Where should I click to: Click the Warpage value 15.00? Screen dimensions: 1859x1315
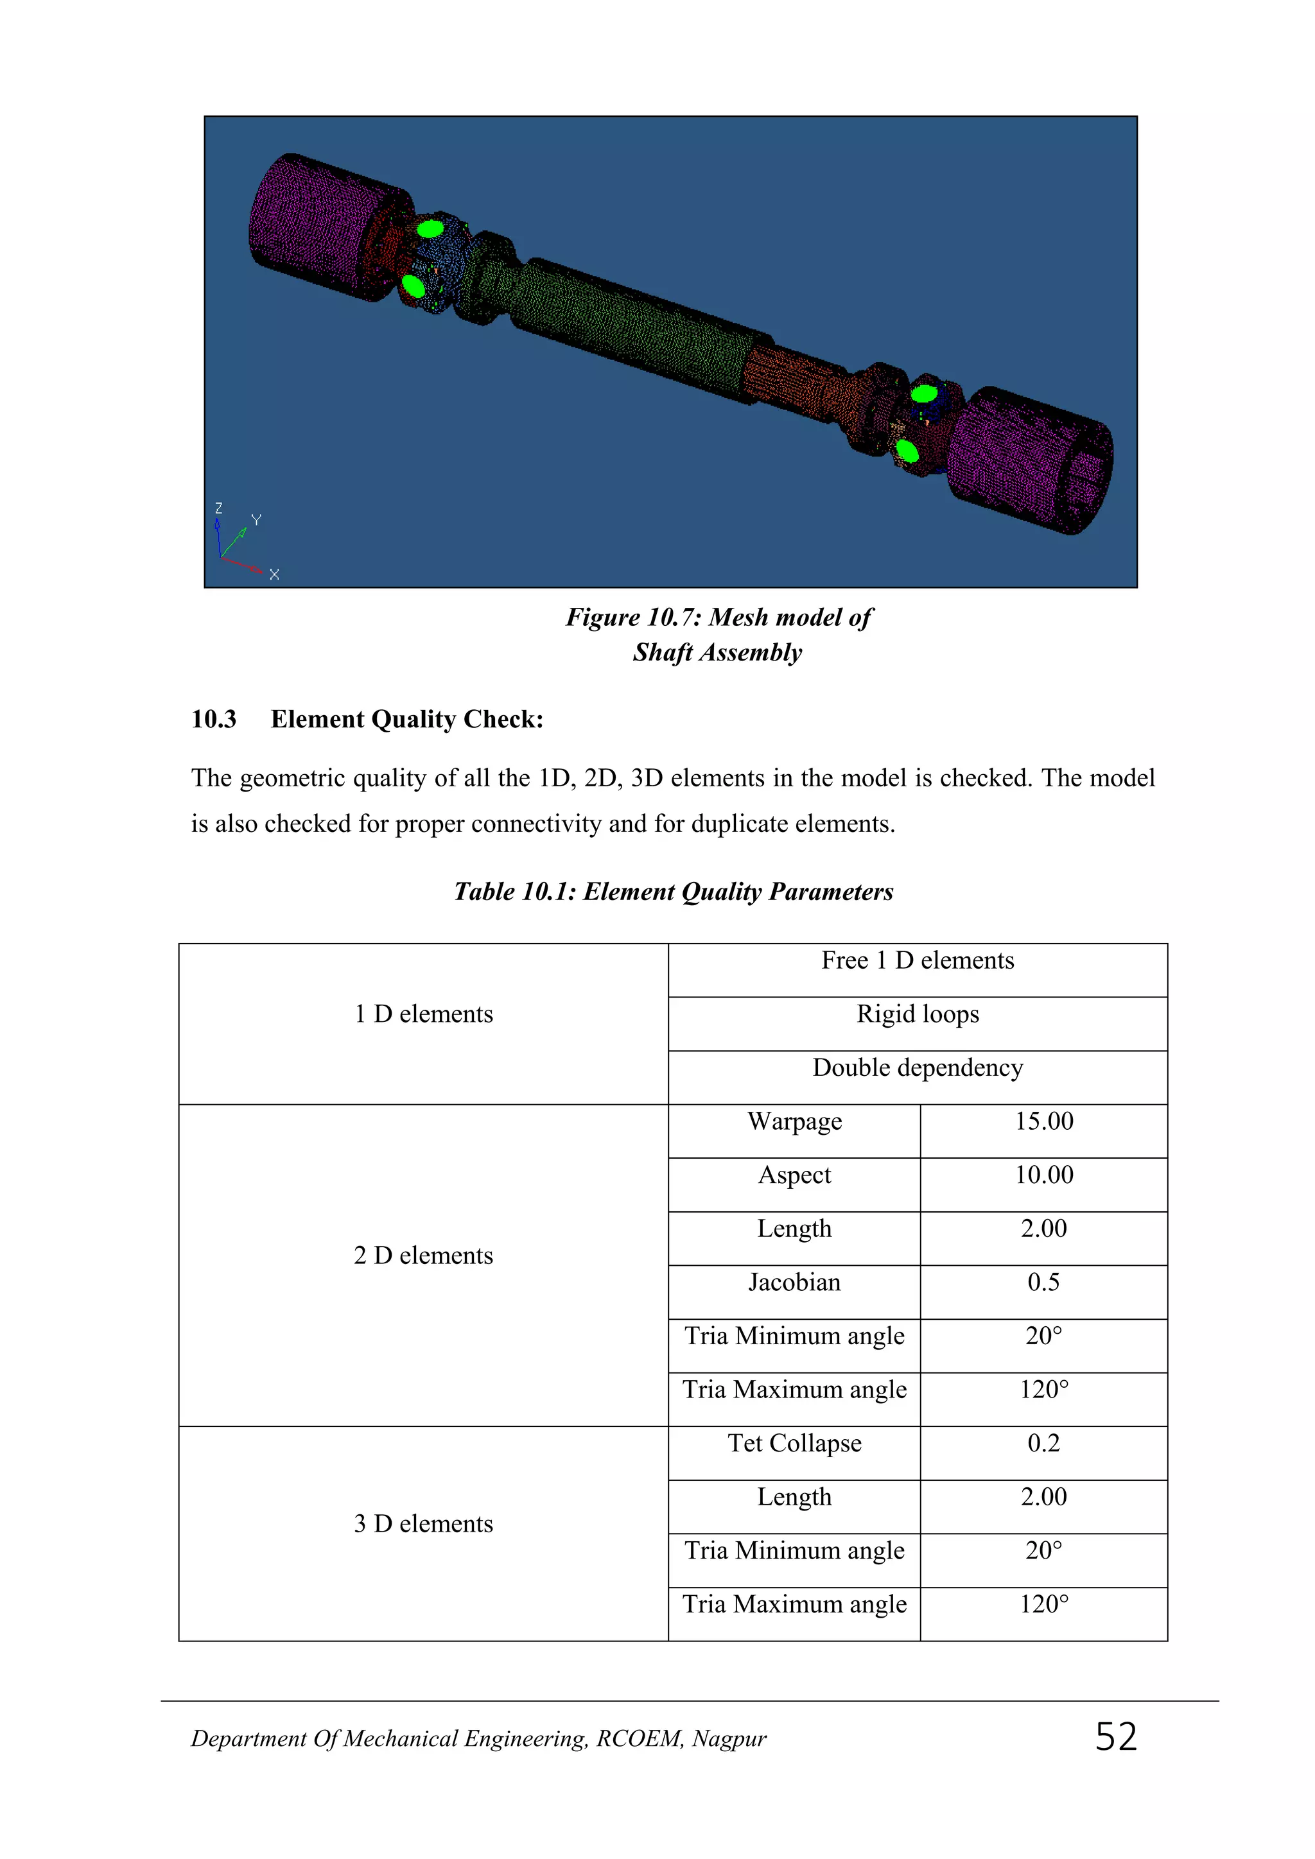[1044, 1121]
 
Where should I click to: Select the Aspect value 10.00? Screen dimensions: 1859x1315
[1044, 1175]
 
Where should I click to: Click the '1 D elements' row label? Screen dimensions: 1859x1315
[424, 1014]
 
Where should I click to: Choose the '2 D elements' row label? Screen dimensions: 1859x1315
[424, 1256]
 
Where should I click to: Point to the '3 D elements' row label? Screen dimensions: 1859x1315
[424, 1524]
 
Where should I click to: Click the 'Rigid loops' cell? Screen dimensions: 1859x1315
[918, 1014]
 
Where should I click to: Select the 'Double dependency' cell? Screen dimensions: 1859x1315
[918, 1068]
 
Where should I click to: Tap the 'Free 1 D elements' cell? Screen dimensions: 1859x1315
[918, 961]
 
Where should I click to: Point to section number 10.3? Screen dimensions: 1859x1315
[214, 719]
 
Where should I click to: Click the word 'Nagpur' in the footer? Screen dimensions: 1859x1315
[729, 1739]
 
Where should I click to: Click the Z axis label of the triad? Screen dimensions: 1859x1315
[218, 508]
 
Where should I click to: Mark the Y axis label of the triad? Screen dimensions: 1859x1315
[256, 520]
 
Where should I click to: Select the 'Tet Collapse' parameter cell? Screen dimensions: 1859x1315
[794, 1444]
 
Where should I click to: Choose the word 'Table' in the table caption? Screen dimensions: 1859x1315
[483, 892]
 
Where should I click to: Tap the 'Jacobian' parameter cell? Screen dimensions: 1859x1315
[794, 1283]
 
